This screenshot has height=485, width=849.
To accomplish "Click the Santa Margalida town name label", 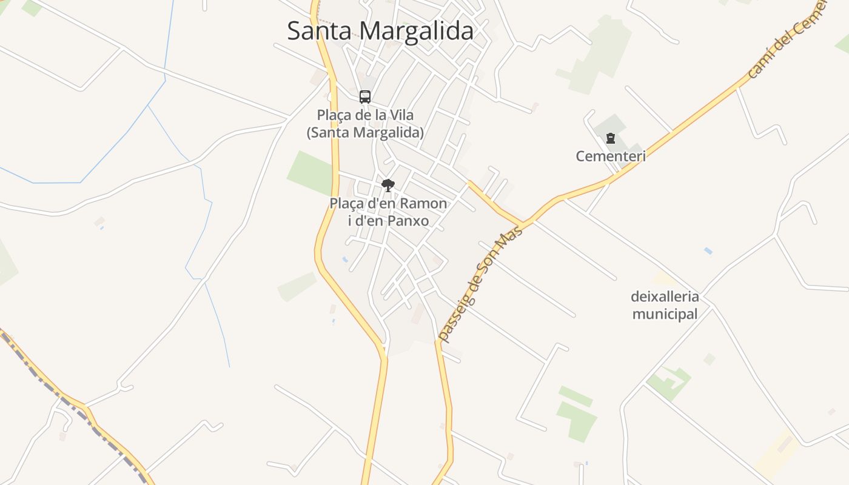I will click(380, 30).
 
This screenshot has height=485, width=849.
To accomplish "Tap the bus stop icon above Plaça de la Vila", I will click(364, 96).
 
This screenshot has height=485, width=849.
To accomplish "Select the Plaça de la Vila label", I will click(364, 123).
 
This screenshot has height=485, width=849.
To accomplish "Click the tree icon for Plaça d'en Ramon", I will click(388, 185).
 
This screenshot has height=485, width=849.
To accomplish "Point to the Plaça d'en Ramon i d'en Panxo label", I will click(388, 212).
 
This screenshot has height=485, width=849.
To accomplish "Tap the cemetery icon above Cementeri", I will click(610, 138).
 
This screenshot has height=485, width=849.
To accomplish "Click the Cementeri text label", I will click(610, 156).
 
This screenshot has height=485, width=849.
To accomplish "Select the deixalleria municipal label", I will click(665, 305).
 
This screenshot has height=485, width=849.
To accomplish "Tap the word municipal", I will click(665, 314).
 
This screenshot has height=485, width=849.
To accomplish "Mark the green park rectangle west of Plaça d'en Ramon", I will click(310, 172).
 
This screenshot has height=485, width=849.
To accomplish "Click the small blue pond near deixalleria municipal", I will click(708, 250).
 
